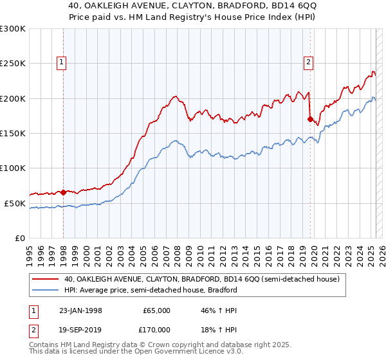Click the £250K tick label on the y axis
13,64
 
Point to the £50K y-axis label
15,203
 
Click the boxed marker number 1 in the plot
61,62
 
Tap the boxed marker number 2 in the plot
309,62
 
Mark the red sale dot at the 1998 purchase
64,192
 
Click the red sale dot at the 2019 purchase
310,119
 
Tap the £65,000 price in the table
156,310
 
